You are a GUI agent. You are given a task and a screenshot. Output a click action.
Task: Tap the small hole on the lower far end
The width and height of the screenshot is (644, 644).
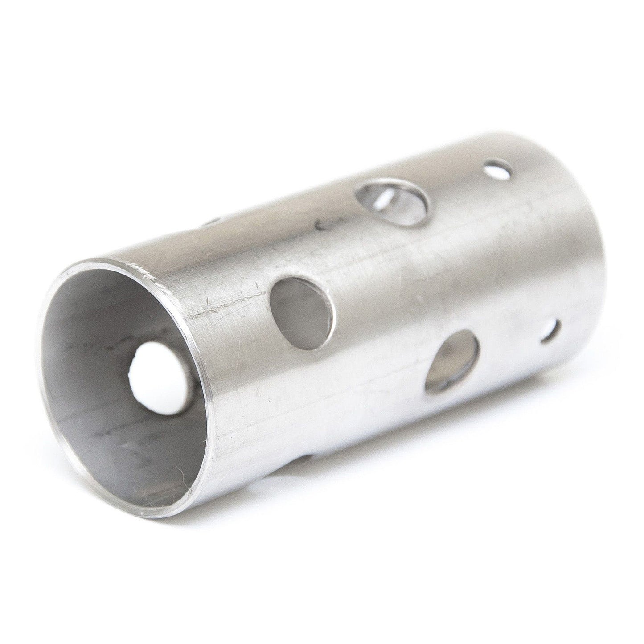tap(551, 332)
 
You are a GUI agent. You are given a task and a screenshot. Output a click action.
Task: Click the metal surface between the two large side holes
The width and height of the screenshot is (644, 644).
tap(379, 330)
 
